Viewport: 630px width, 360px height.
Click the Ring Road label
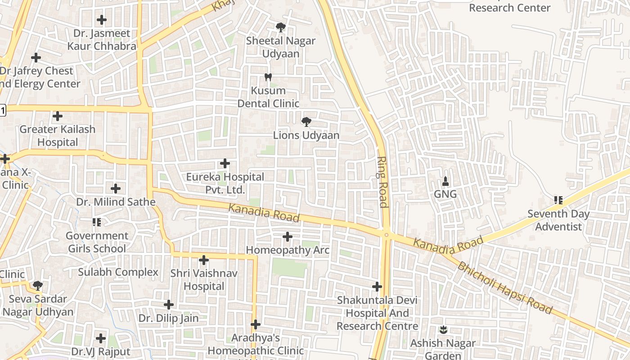pos(382,182)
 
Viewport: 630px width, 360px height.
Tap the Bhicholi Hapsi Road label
pos(504,288)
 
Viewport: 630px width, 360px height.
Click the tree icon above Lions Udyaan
pos(306,121)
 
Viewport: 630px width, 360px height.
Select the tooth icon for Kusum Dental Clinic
pos(268,77)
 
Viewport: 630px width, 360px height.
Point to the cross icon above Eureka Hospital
pos(225,163)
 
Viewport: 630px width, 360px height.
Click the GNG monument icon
pos(445,181)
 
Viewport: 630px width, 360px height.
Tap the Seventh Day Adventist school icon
pos(558,200)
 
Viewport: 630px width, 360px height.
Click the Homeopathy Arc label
pos(288,250)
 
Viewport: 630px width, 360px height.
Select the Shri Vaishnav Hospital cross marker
pos(204,260)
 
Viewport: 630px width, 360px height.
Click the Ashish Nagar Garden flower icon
pos(444,330)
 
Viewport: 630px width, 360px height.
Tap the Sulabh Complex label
pos(118,272)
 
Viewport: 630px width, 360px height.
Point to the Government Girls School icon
pos(97,222)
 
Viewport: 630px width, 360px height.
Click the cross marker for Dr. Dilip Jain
pos(169,305)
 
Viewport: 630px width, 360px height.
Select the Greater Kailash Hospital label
pos(58,135)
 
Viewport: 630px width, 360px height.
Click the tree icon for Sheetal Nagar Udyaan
pos(281,27)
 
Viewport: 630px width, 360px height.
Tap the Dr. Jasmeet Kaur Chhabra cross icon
pos(102,20)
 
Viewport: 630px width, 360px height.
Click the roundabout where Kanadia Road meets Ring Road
pos(386,234)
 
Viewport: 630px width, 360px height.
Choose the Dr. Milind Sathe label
pos(116,202)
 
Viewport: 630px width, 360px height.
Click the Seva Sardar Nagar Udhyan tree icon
pos(38,285)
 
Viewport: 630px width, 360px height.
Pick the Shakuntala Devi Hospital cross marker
pos(377,286)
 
